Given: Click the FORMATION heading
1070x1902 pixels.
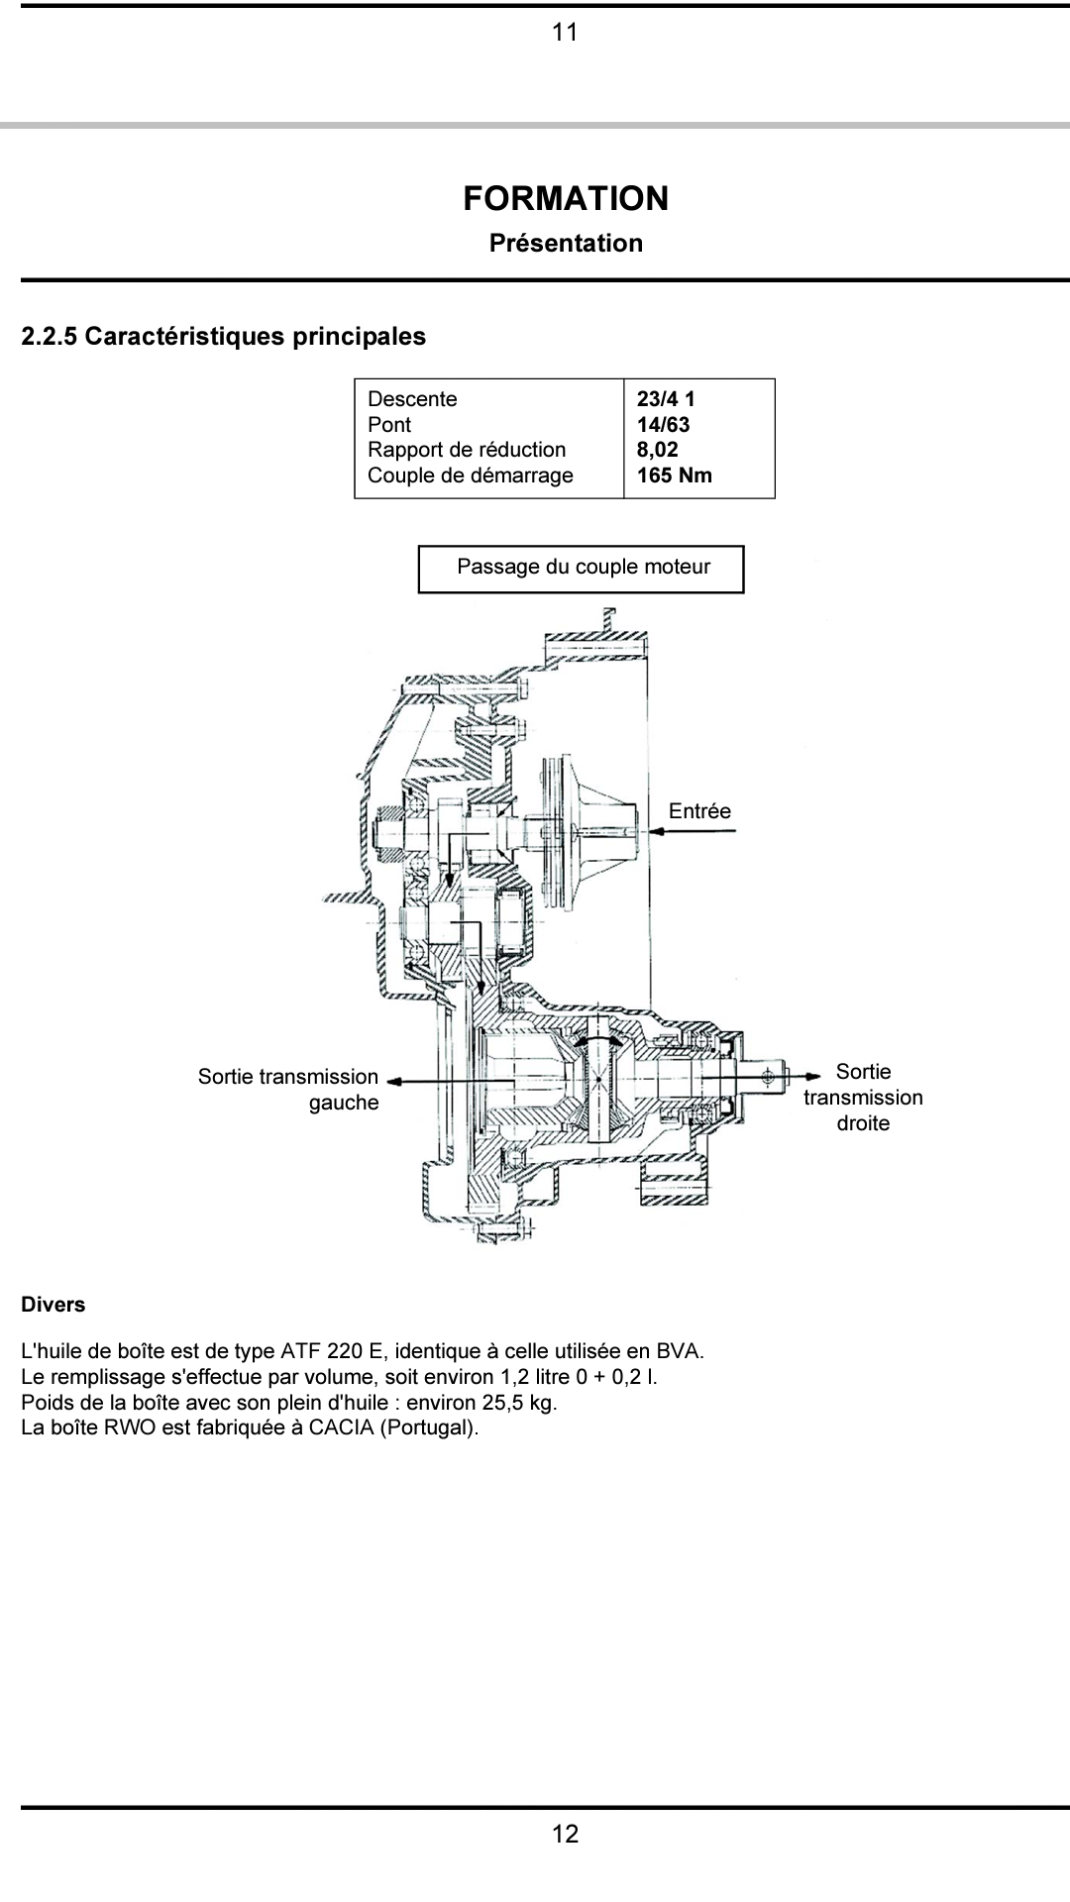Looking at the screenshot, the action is [566, 198].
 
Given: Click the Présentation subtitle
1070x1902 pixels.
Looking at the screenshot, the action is [566, 243].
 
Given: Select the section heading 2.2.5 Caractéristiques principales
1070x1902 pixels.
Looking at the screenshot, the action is [224, 337].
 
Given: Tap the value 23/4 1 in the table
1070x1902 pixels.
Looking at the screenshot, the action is [666, 399].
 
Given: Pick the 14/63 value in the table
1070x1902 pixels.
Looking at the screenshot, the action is [663, 425].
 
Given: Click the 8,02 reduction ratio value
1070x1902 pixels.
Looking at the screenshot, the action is [658, 450].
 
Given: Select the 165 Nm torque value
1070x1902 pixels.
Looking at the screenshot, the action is [675, 475].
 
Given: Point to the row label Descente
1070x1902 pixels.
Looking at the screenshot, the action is [412, 399].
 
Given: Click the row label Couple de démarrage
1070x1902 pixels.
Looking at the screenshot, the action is [471, 475].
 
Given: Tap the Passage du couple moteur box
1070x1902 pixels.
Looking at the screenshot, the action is [581, 569].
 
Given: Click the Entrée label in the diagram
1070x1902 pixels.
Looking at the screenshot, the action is [699, 811].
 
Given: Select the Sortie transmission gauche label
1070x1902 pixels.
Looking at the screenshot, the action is [288, 1090].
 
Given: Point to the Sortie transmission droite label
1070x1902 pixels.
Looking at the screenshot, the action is [863, 1097].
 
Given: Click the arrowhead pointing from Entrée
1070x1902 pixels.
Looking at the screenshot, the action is [654, 831].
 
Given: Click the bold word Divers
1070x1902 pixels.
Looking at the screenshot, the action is [53, 1305].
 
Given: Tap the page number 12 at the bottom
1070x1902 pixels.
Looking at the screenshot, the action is [565, 1835].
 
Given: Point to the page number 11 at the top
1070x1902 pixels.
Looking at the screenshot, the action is [565, 33].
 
